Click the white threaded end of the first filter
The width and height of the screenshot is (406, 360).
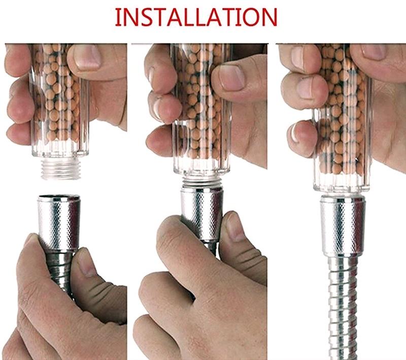[59, 168]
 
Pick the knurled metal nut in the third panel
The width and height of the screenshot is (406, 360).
[343, 223]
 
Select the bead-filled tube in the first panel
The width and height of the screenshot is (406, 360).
[59, 102]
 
